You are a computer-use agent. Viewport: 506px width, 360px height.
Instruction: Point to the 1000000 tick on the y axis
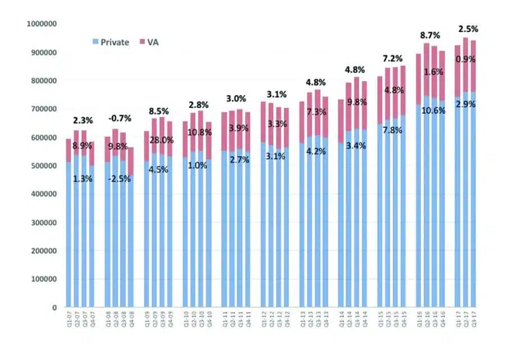click(41, 24)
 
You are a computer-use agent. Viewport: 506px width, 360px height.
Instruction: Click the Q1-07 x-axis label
click(68, 325)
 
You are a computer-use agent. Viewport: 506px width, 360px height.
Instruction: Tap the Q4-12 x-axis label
click(286, 325)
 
